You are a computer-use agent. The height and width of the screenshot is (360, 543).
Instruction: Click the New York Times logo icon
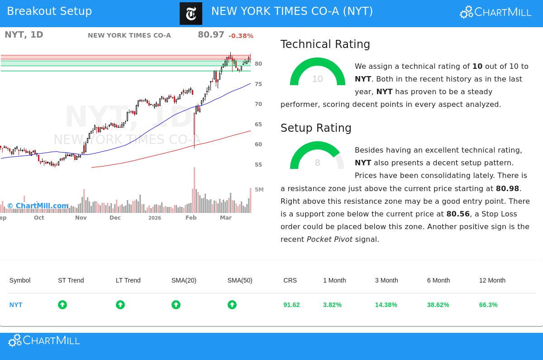click(x=191, y=14)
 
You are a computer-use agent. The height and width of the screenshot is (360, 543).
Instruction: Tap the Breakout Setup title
click(x=49, y=11)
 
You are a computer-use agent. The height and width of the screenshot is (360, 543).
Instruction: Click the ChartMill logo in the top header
click(x=495, y=12)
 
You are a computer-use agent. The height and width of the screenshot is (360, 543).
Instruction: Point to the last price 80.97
click(x=211, y=35)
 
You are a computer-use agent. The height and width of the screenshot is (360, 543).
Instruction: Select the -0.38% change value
click(x=241, y=36)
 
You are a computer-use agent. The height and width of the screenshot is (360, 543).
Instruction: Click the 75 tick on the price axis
click(x=258, y=84)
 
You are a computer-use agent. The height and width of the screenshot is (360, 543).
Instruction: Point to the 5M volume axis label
click(x=259, y=190)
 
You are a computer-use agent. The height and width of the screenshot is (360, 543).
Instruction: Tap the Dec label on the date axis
click(x=115, y=218)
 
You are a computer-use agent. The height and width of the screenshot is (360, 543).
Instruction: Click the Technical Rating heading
click(x=325, y=44)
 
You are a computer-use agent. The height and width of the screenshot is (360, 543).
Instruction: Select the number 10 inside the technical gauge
click(x=317, y=79)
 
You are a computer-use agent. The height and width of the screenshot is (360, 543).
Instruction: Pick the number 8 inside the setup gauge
click(x=317, y=163)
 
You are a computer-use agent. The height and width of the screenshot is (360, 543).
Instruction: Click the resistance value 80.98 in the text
click(x=507, y=188)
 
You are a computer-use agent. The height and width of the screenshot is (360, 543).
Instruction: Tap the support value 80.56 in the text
click(x=458, y=214)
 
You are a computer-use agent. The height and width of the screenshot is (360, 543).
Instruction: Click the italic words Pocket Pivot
click(x=329, y=239)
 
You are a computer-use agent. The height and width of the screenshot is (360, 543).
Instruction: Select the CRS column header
click(x=290, y=280)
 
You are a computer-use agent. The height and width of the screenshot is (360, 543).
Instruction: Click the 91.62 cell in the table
click(x=291, y=305)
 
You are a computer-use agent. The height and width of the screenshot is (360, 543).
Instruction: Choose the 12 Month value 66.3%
click(x=488, y=305)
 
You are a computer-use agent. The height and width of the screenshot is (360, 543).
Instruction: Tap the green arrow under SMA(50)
click(x=232, y=305)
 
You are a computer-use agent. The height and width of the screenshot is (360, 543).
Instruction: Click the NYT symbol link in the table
click(x=16, y=305)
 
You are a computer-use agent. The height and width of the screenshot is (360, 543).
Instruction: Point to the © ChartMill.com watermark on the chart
click(x=38, y=206)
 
